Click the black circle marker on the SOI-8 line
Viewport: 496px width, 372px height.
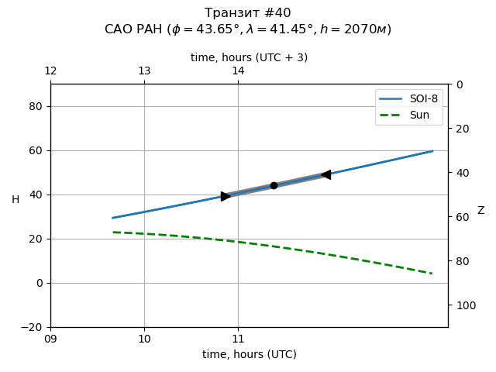pos(274,185)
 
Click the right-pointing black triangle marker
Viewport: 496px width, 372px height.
pos(226,196)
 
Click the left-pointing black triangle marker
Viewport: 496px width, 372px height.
pos(325,174)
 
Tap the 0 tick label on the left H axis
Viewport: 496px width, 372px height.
pos(42,283)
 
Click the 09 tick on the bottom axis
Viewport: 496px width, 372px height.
pos(50,339)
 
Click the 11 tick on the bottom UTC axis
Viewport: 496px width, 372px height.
pos(238,339)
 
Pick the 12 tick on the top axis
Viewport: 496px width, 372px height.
pos(50,71)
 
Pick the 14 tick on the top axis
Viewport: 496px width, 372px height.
pos(238,71)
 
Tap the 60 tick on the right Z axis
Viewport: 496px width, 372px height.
pos(459,217)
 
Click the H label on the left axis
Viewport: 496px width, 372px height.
pos(15,200)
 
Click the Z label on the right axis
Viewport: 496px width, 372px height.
pos(480,211)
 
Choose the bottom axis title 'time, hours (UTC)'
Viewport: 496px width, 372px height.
pos(249,354)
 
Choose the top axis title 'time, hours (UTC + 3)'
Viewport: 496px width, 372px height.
pos(249,57)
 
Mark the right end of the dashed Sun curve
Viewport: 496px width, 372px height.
pos(432,274)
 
